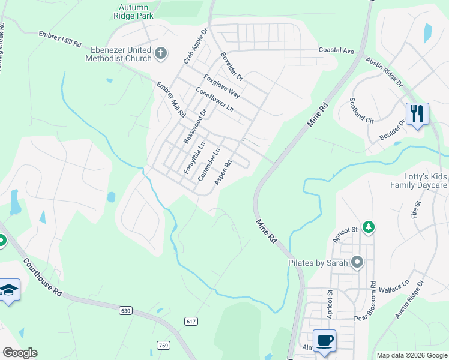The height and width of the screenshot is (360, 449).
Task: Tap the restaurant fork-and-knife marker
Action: point(417,113)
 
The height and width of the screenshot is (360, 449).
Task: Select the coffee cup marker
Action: point(324,340)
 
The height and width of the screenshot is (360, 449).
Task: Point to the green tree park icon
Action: point(370,227)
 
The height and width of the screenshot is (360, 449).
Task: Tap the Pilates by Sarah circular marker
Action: point(358,262)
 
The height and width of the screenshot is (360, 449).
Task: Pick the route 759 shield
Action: point(163,345)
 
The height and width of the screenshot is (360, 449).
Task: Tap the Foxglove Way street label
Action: point(221,86)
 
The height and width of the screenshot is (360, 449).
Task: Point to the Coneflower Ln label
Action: point(214,103)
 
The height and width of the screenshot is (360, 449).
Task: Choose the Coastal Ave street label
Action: point(336,50)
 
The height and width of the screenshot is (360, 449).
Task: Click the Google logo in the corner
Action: point(20,353)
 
